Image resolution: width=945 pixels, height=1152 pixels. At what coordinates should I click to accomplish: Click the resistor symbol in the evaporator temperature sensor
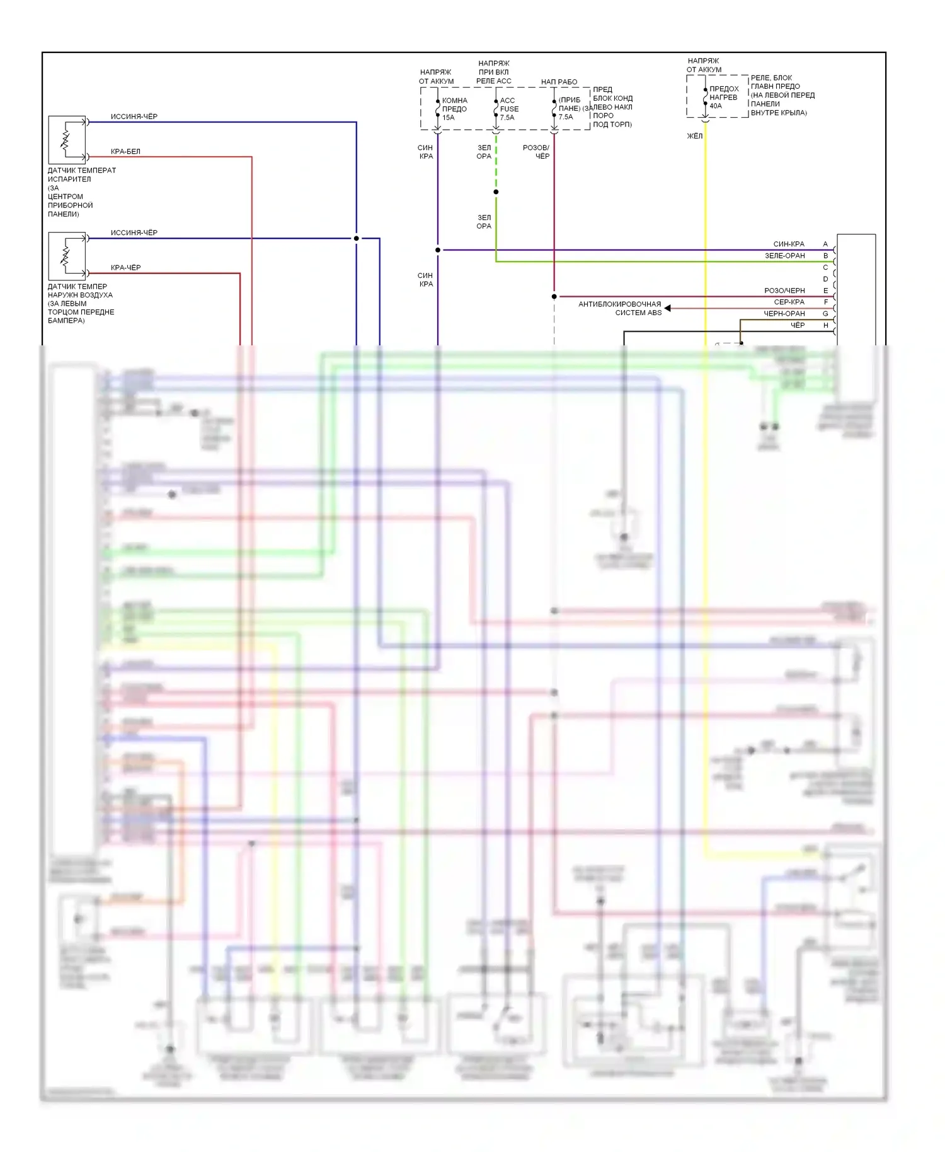click(65, 140)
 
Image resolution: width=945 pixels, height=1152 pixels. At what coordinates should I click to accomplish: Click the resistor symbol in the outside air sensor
click(65, 256)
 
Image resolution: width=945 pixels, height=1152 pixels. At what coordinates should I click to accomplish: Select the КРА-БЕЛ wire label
click(125, 151)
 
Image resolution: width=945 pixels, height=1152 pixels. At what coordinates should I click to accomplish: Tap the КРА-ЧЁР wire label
click(125, 268)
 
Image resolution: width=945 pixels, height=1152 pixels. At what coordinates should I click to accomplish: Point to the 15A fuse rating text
click(448, 118)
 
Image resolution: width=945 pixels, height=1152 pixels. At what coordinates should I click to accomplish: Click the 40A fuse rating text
click(716, 106)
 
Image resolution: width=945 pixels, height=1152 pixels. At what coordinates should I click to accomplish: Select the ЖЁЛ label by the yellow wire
click(694, 136)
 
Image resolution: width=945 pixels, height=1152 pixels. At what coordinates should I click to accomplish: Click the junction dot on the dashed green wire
click(496, 192)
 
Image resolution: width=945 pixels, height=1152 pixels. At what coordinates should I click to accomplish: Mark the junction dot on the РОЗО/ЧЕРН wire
click(554, 296)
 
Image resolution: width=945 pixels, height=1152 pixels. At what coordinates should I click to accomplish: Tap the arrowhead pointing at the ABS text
click(668, 308)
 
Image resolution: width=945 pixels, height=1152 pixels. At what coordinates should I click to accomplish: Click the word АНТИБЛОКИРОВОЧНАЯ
click(619, 304)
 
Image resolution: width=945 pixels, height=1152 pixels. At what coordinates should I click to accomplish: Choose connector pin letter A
click(825, 244)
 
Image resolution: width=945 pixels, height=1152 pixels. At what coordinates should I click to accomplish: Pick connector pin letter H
click(825, 325)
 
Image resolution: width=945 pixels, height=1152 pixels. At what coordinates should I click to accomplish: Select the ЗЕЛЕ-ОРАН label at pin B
click(784, 256)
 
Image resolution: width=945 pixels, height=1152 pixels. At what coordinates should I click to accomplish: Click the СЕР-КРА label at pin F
click(789, 302)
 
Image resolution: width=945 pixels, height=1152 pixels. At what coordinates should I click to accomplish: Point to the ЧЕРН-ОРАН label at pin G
click(784, 314)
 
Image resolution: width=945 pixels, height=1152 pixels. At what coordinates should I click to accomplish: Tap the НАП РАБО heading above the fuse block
click(559, 82)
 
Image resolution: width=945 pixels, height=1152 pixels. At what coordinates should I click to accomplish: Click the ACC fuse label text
click(507, 101)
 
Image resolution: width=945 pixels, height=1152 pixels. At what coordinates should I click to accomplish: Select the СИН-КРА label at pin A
click(788, 244)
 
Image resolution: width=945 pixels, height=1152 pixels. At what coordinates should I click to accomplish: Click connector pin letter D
click(825, 279)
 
